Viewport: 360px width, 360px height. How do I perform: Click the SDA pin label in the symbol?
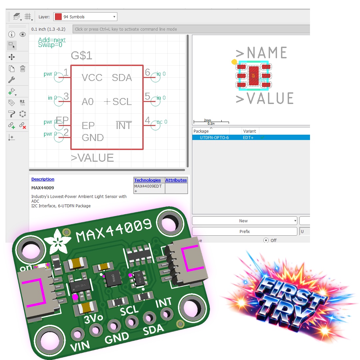coord(122,78)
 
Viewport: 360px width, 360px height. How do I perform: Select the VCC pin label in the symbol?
coord(92,78)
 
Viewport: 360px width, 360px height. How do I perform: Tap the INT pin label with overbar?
coord(124,126)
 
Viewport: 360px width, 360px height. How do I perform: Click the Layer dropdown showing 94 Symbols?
coord(86,17)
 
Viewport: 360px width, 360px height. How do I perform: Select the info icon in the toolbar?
coord(12,34)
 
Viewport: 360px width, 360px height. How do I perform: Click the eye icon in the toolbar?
coord(22,34)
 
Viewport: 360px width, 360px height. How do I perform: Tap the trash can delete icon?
coord(22,69)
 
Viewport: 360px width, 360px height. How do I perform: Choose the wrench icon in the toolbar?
coord(12,80)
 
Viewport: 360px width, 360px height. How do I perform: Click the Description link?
coord(43,179)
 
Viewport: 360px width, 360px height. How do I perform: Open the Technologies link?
coord(147,180)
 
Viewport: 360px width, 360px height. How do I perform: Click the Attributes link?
coord(176,180)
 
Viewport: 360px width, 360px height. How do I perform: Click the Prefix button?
coord(244,231)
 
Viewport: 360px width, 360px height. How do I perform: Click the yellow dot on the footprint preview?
coord(234,62)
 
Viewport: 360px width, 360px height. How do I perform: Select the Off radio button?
coord(266,240)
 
